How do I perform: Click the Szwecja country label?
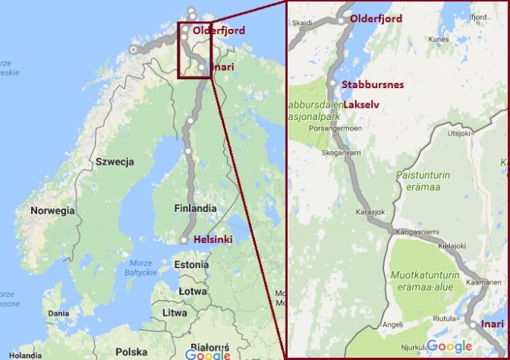[x=115, y=162]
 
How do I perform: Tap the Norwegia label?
[x=52, y=210]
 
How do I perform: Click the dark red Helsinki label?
[x=213, y=239]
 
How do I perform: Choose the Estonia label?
[x=191, y=265]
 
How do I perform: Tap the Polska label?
[x=132, y=352]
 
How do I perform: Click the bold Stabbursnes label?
[x=371, y=84]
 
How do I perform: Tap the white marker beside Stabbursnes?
[x=332, y=84]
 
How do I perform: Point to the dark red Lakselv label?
[x=364, y=105]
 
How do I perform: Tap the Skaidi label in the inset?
[x=303, y=23]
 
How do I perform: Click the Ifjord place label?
[x=478, y=17]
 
